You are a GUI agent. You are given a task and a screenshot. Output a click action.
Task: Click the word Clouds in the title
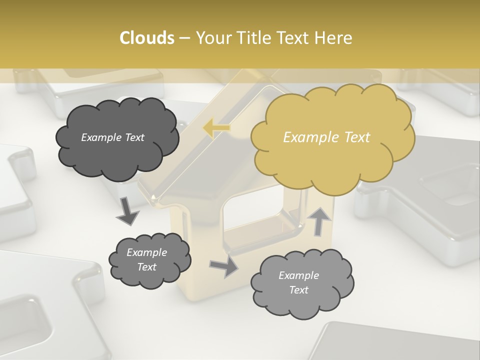(147, 38)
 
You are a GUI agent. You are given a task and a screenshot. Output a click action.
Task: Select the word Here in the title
(333, 38)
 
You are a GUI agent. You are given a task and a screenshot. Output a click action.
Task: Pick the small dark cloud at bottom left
(149, 260)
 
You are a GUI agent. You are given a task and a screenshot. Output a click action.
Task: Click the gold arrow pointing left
(216, 128)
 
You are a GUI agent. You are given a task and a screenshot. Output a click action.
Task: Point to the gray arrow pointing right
(223, 266)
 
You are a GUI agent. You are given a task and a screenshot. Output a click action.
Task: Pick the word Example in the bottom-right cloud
(298, 275)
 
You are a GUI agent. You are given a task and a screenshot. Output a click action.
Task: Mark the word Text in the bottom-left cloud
(146, 267)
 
